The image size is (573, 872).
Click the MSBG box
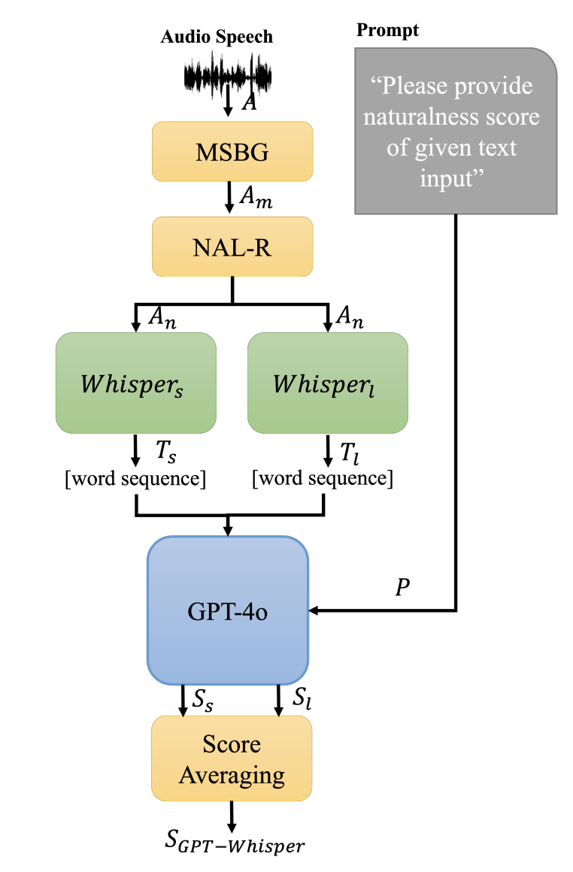tap(232, 151)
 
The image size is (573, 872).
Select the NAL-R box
tap(232, 247)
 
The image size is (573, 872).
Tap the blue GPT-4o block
tap(228, 610)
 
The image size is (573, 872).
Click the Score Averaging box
tap(232, 758)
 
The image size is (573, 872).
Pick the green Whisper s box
tap(136, 383)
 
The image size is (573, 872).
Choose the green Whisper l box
tap(328, 383)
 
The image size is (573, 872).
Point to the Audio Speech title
tap(217, 37)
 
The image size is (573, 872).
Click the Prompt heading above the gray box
tap(388, 30)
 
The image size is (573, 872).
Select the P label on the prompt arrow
tap(403, 586)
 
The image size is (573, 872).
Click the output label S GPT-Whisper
tap(235, 841)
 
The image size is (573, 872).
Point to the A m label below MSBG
tap(256, 198)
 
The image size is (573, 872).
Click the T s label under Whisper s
tap(165, 451)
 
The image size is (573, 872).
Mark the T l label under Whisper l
tap(350, 453)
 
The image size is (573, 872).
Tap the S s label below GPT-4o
tap(203, 700)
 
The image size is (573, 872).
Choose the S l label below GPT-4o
tap(302, 698)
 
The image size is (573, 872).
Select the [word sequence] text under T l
tap(323, 477)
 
